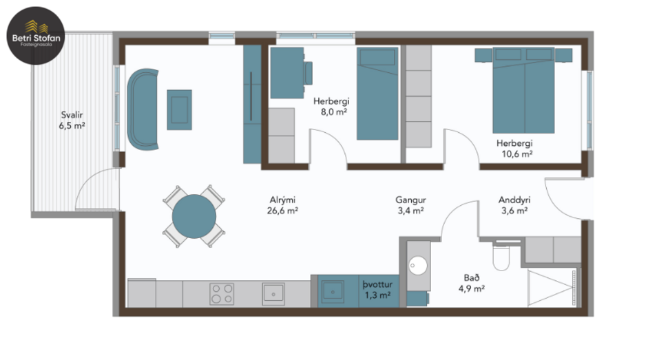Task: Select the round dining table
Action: (194, 216)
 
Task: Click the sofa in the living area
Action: (143, 109)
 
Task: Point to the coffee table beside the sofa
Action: (179, 109)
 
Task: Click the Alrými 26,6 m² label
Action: (282, 206)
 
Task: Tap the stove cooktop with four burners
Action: (221, 294)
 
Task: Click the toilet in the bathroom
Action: (501, 257)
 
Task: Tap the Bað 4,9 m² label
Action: (473, 284)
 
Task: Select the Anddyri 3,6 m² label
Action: (514, 205)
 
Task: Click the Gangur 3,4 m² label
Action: (409, 205)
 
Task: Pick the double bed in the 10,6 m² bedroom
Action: (523, 92)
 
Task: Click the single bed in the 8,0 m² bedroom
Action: (377, 94)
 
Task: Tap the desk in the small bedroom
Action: (286, 72)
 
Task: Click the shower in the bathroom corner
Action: (552, 288)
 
